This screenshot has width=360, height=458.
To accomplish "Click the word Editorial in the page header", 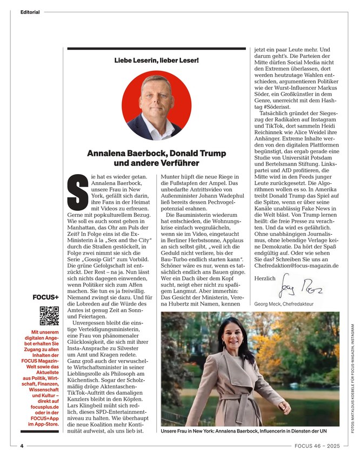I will (x=30, y=12).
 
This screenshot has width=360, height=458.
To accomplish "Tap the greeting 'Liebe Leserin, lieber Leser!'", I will (x=157, y=59).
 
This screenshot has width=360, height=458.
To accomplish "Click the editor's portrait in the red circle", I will (x=156, y=106).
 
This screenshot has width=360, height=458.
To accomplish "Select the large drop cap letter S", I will (x=76, y=191).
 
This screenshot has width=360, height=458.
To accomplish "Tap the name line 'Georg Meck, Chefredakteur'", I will (x=284, y=304).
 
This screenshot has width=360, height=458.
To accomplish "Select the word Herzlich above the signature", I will (x=264, y=278).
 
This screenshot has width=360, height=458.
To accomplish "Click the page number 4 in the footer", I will (x=22, y=446).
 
